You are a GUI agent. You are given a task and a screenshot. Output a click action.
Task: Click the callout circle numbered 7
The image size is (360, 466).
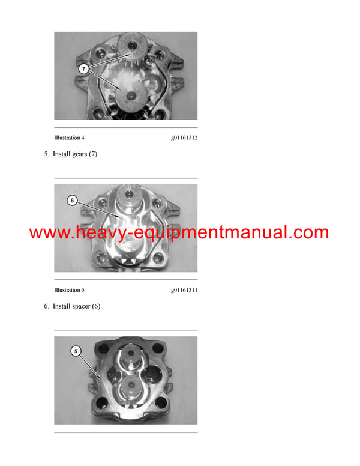click(x=84, y=69)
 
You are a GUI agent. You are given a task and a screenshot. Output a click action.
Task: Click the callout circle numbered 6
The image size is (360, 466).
click(x=72, y=201)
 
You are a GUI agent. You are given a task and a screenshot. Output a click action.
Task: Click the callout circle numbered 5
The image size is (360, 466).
click(x=76, y=350)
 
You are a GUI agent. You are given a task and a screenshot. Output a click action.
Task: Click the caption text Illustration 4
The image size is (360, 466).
click(x=70, y=138)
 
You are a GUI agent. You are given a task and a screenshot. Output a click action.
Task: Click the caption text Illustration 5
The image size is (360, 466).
click(x=70, y=290)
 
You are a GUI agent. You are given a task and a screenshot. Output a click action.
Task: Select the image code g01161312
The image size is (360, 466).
click(x=184, y=138)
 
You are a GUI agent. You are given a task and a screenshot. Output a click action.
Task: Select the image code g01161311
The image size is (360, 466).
click(x=184, y=290)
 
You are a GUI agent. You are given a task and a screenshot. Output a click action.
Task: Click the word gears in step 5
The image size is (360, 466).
click(x=78, y=154)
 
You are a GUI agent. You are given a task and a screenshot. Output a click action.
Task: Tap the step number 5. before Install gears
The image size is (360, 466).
click(x=46, y=154)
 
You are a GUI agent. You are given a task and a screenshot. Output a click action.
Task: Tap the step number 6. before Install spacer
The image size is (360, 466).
click(x=46, y=307)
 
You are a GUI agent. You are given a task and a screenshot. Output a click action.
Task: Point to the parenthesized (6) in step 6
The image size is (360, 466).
click(x=97, y=307)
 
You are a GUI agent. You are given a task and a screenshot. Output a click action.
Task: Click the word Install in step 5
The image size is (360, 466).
click(x=61, y=154)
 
